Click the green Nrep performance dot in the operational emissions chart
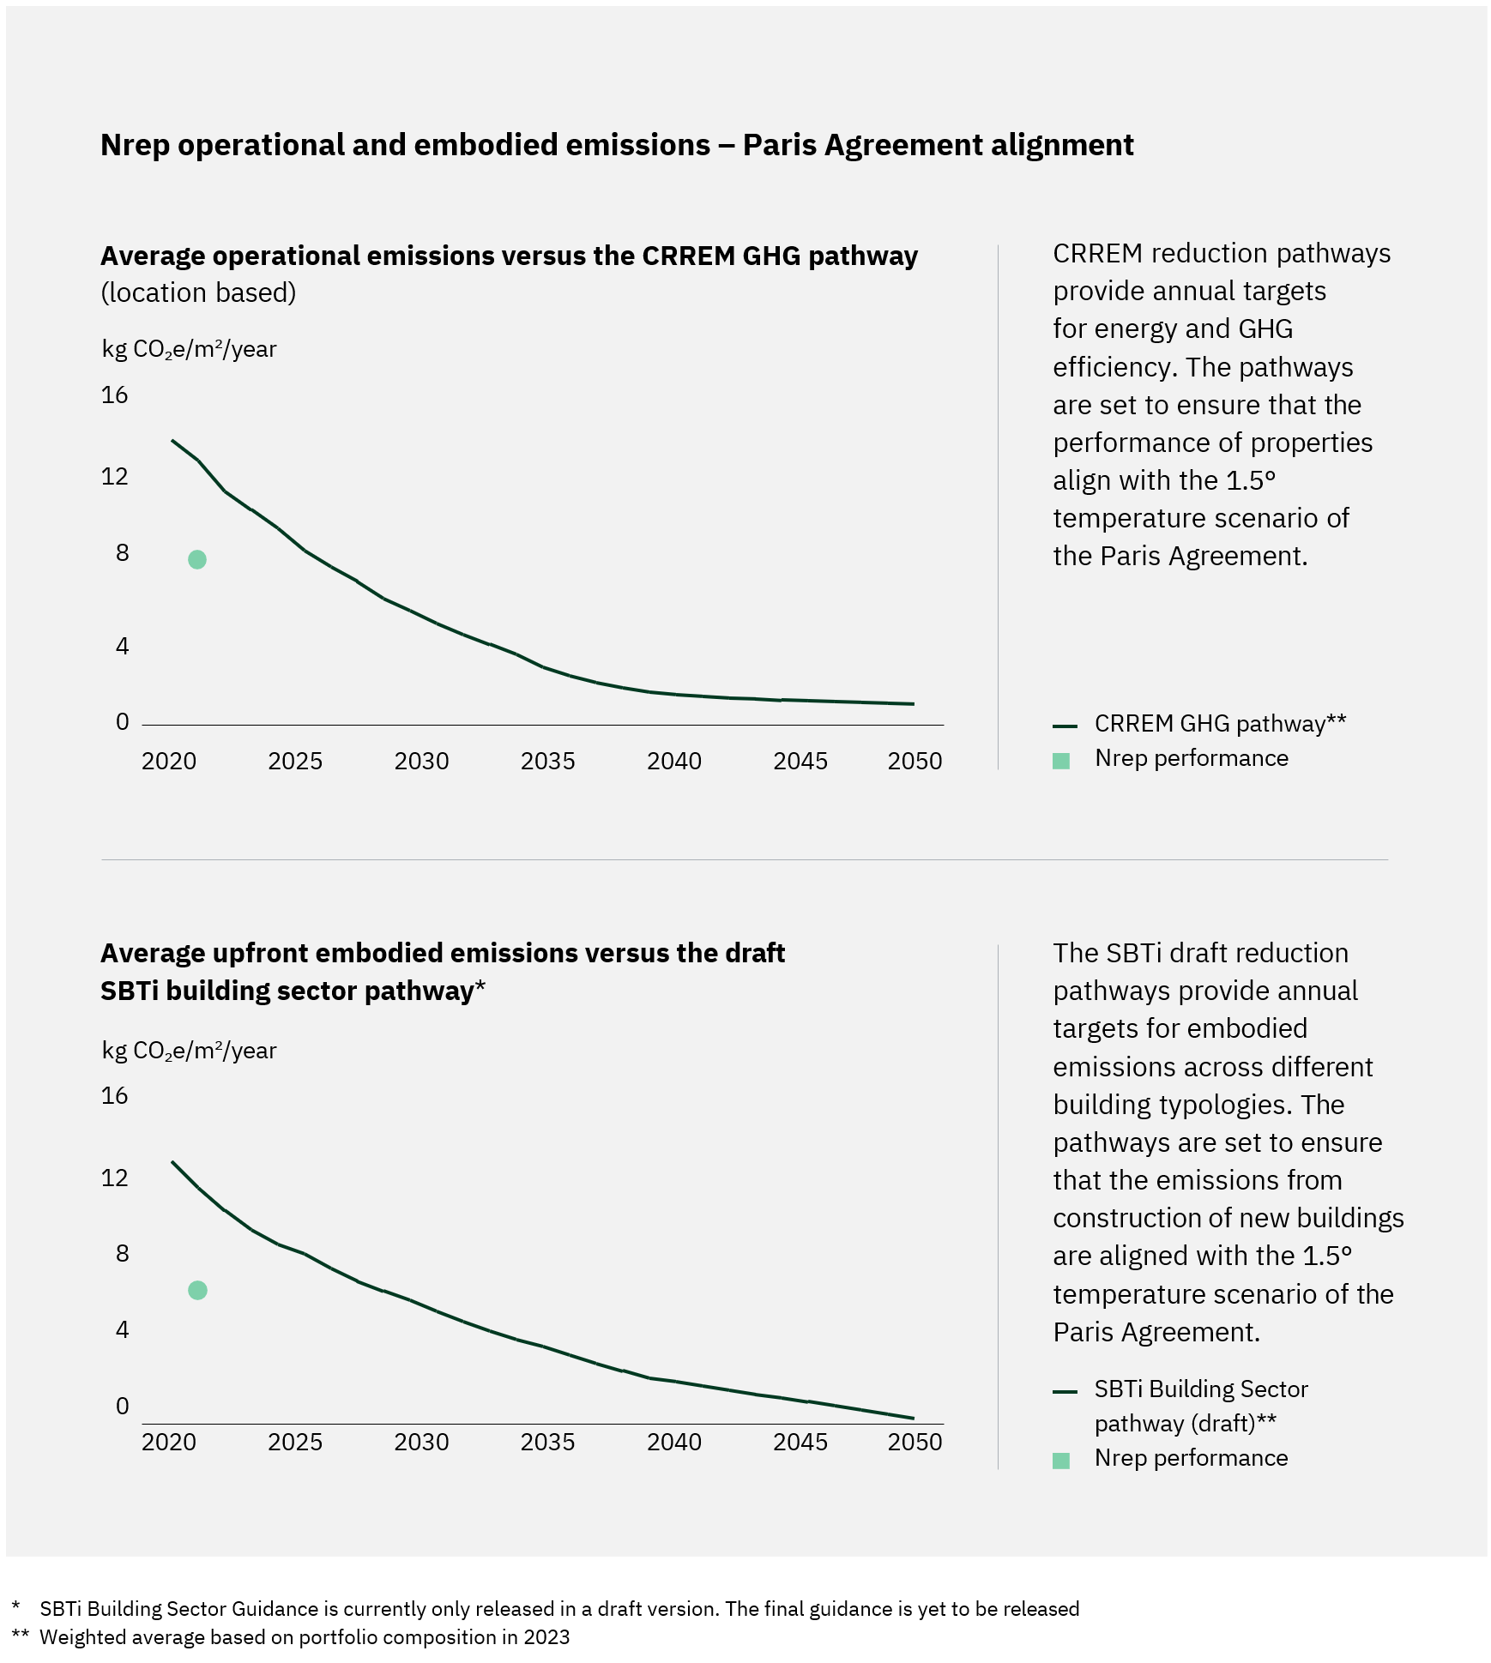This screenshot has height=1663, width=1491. [x=196, y=559]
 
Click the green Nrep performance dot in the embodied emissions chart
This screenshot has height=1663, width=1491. [x=197, y=1290]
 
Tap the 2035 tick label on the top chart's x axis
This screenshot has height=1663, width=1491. [x=547, y=761]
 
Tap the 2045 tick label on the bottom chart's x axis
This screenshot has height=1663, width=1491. [x=800, y=1442]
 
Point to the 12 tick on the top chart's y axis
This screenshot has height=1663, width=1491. [x=114, y=476]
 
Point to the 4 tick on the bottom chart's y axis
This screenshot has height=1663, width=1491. [x=122, y=1329]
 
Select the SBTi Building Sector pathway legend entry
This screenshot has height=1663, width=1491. [x=1200, y=1389]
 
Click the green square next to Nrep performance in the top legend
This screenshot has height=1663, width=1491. [x=1061, y=761]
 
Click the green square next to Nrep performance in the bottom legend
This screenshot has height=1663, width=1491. [x=1061, y=1461]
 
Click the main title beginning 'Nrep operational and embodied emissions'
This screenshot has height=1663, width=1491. [x=617, y=145]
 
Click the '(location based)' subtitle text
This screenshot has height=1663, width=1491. [x=198, y=292]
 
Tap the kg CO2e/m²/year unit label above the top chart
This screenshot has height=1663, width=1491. [x=189, y=349]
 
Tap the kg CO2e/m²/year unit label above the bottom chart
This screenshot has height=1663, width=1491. [x=189, y=1051]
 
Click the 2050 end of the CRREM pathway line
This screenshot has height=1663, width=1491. [x=912, y=703]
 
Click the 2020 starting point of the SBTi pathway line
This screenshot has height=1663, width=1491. [x=173, y=1162]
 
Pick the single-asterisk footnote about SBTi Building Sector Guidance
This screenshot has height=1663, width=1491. [x=558, y=1608]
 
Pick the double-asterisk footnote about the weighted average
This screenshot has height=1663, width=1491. [x=305, y=1636]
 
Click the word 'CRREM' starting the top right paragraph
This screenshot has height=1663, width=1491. [x=1097, y=254]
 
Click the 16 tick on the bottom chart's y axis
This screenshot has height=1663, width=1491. [x=114, y=1095]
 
